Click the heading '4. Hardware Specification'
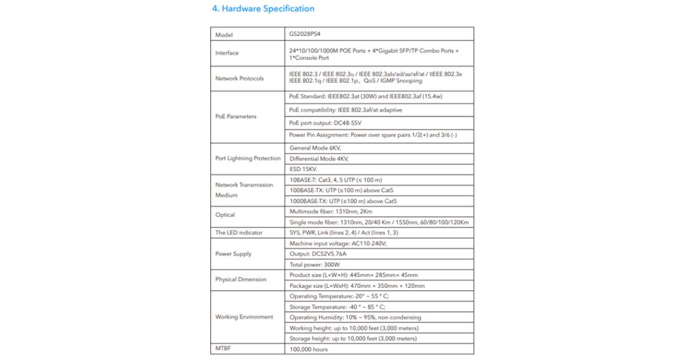263,9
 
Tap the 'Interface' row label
227,53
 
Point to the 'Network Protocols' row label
240,78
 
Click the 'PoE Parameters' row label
236,117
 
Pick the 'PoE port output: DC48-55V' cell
325,123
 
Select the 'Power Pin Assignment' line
373,135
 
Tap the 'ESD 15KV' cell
303,169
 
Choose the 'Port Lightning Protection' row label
248,158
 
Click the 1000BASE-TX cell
343,201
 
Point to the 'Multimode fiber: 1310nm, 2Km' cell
331,211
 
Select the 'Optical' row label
225,215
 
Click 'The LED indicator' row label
239,233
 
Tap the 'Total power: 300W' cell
314,265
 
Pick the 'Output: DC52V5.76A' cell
318,254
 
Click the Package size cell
357,286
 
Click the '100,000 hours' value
309,349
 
